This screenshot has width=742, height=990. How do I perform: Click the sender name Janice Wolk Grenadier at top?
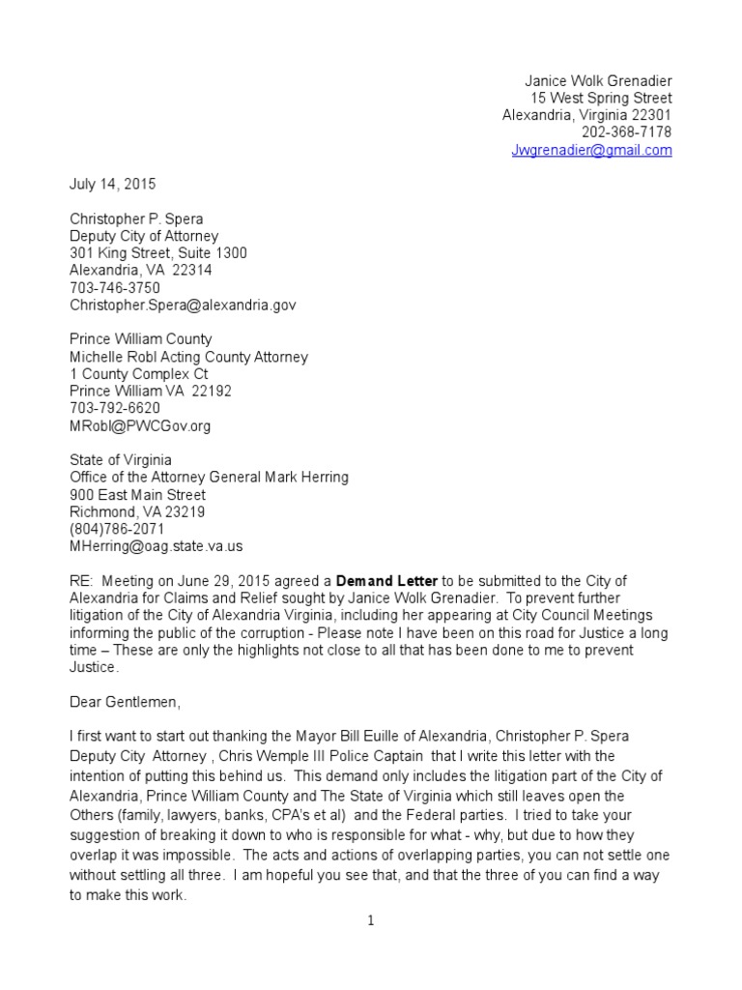coord(598,81)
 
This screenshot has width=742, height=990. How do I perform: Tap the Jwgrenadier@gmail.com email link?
coord(591,151)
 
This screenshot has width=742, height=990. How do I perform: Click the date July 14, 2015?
coord(112,184)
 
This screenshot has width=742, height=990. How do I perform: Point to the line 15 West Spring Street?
coord(601,99)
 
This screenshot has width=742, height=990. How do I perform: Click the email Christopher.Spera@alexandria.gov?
coord(183,306)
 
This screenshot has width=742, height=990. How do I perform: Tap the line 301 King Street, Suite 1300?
coord(158,253)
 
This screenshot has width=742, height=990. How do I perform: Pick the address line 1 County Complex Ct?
coord(138,375)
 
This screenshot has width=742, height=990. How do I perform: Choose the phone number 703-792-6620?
coord(115,409)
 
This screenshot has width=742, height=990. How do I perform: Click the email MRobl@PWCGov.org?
coord(140,426)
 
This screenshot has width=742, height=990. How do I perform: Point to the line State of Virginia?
coord(121,461)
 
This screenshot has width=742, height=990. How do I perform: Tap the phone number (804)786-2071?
coord(117,530)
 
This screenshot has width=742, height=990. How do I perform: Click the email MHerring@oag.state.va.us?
coord(157,547)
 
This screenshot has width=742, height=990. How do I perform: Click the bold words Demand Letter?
coord(386,581)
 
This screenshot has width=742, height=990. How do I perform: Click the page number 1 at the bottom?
coord(371,921)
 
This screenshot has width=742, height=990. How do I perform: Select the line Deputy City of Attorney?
coord(144,236)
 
